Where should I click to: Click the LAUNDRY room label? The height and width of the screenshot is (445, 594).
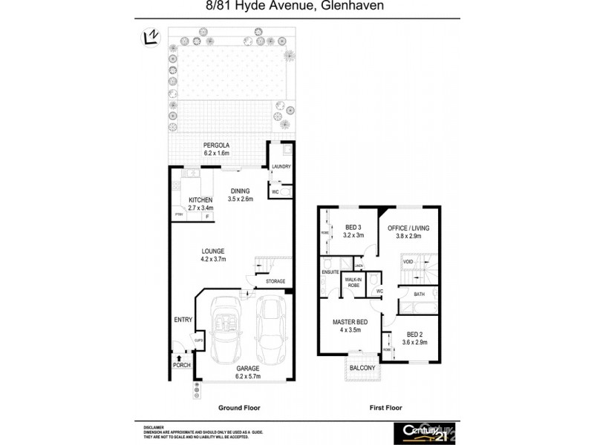(x=281, y=167)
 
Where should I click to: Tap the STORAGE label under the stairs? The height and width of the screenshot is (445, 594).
(x=275, y=282)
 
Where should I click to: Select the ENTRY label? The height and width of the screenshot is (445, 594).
(x=183, y=320)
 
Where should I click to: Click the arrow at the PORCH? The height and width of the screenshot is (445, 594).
(x=179, y=357)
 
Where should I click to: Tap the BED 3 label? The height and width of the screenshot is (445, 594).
(x=354, y=231)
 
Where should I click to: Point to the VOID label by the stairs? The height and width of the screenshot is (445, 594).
(x=408, y=262)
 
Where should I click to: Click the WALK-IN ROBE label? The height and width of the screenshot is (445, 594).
(x=354, y=283)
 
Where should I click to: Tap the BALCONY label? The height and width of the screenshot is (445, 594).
(x=362, y=368)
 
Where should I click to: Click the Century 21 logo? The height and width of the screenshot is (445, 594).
(x=424, y=432)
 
